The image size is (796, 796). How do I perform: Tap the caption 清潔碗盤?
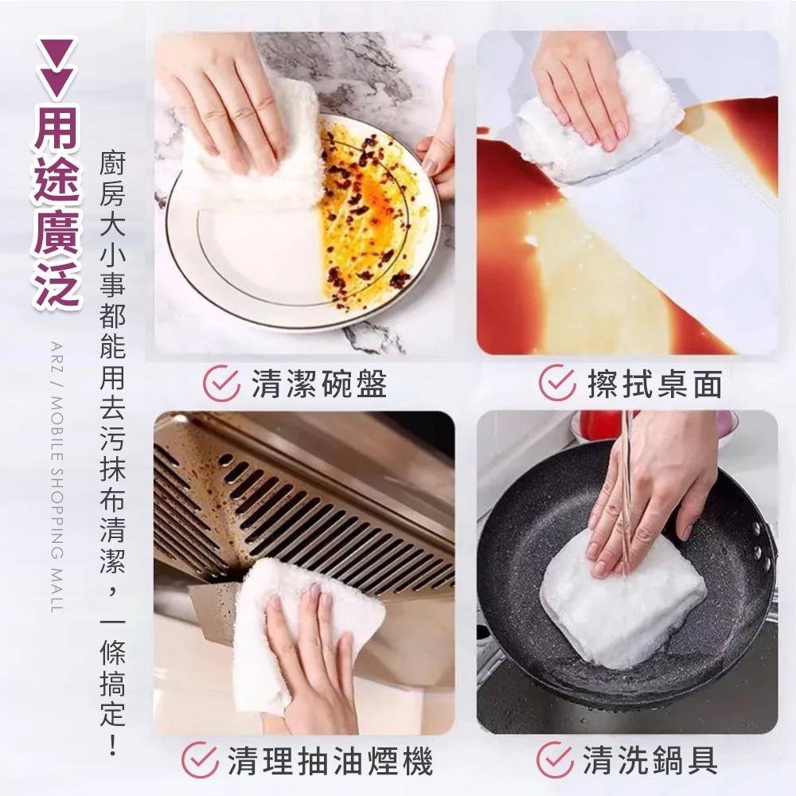318,384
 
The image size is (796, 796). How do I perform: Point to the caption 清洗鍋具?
650,761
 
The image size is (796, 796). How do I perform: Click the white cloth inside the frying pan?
621,597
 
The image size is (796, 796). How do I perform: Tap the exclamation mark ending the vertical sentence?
112,745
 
